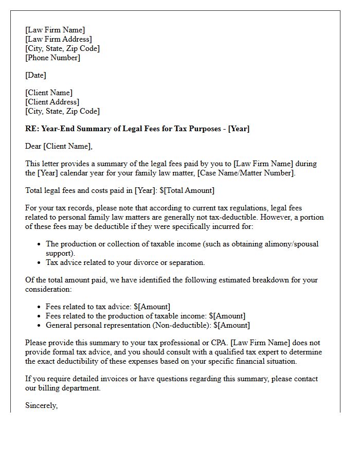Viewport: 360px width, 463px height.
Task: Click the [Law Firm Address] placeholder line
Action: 59,39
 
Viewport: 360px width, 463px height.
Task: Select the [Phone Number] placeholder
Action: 53,58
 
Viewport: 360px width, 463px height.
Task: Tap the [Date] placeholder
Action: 35,75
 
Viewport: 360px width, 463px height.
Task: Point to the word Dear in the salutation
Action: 33,146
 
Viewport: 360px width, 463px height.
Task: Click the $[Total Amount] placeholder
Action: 187,190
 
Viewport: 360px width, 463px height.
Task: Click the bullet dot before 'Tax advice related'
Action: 39,262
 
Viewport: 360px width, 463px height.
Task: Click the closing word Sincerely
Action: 41,405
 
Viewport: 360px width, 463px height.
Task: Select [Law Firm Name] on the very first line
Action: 55,30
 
